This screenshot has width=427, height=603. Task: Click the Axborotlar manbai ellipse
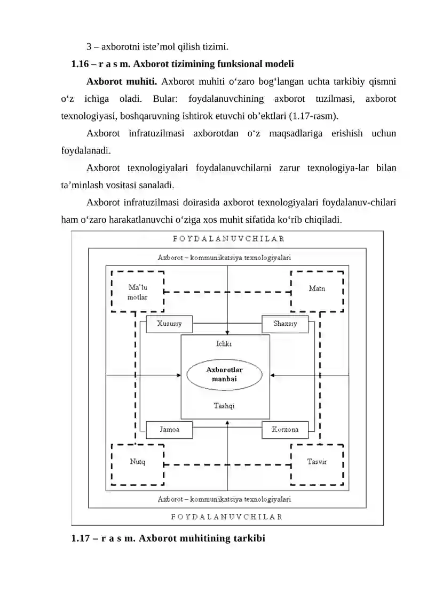pyautogui.click(x=224, y=374)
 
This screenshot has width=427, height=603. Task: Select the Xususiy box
pyautogui.click(x=169, y=324)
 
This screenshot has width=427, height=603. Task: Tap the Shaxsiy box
pyautogui.click(x=285, y=324)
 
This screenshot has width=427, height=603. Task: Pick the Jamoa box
pyautogui.click(x=169, y=430)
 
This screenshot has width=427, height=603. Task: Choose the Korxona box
pyautogui.click(x=285, y=430)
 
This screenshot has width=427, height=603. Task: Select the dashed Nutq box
pyautogui.click(x=137, y=462)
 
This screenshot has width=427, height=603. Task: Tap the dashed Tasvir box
pyautogui.click(x=317, y=462)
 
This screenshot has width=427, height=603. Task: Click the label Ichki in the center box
pyautogui.click(x=224, y=344)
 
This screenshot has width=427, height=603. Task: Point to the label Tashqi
pyautogui.click(x=224, y=406)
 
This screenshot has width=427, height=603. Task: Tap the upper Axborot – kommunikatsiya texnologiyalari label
pyautogui.click(x=224, y=257)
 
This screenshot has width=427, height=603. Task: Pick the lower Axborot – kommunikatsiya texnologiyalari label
pyautogui.click(x=224, y=500)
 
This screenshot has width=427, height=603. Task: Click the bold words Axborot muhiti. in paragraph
pyautogui.click(x=121, y=82)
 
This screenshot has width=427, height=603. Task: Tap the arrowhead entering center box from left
pyautogui.click(x=178, y=375)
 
